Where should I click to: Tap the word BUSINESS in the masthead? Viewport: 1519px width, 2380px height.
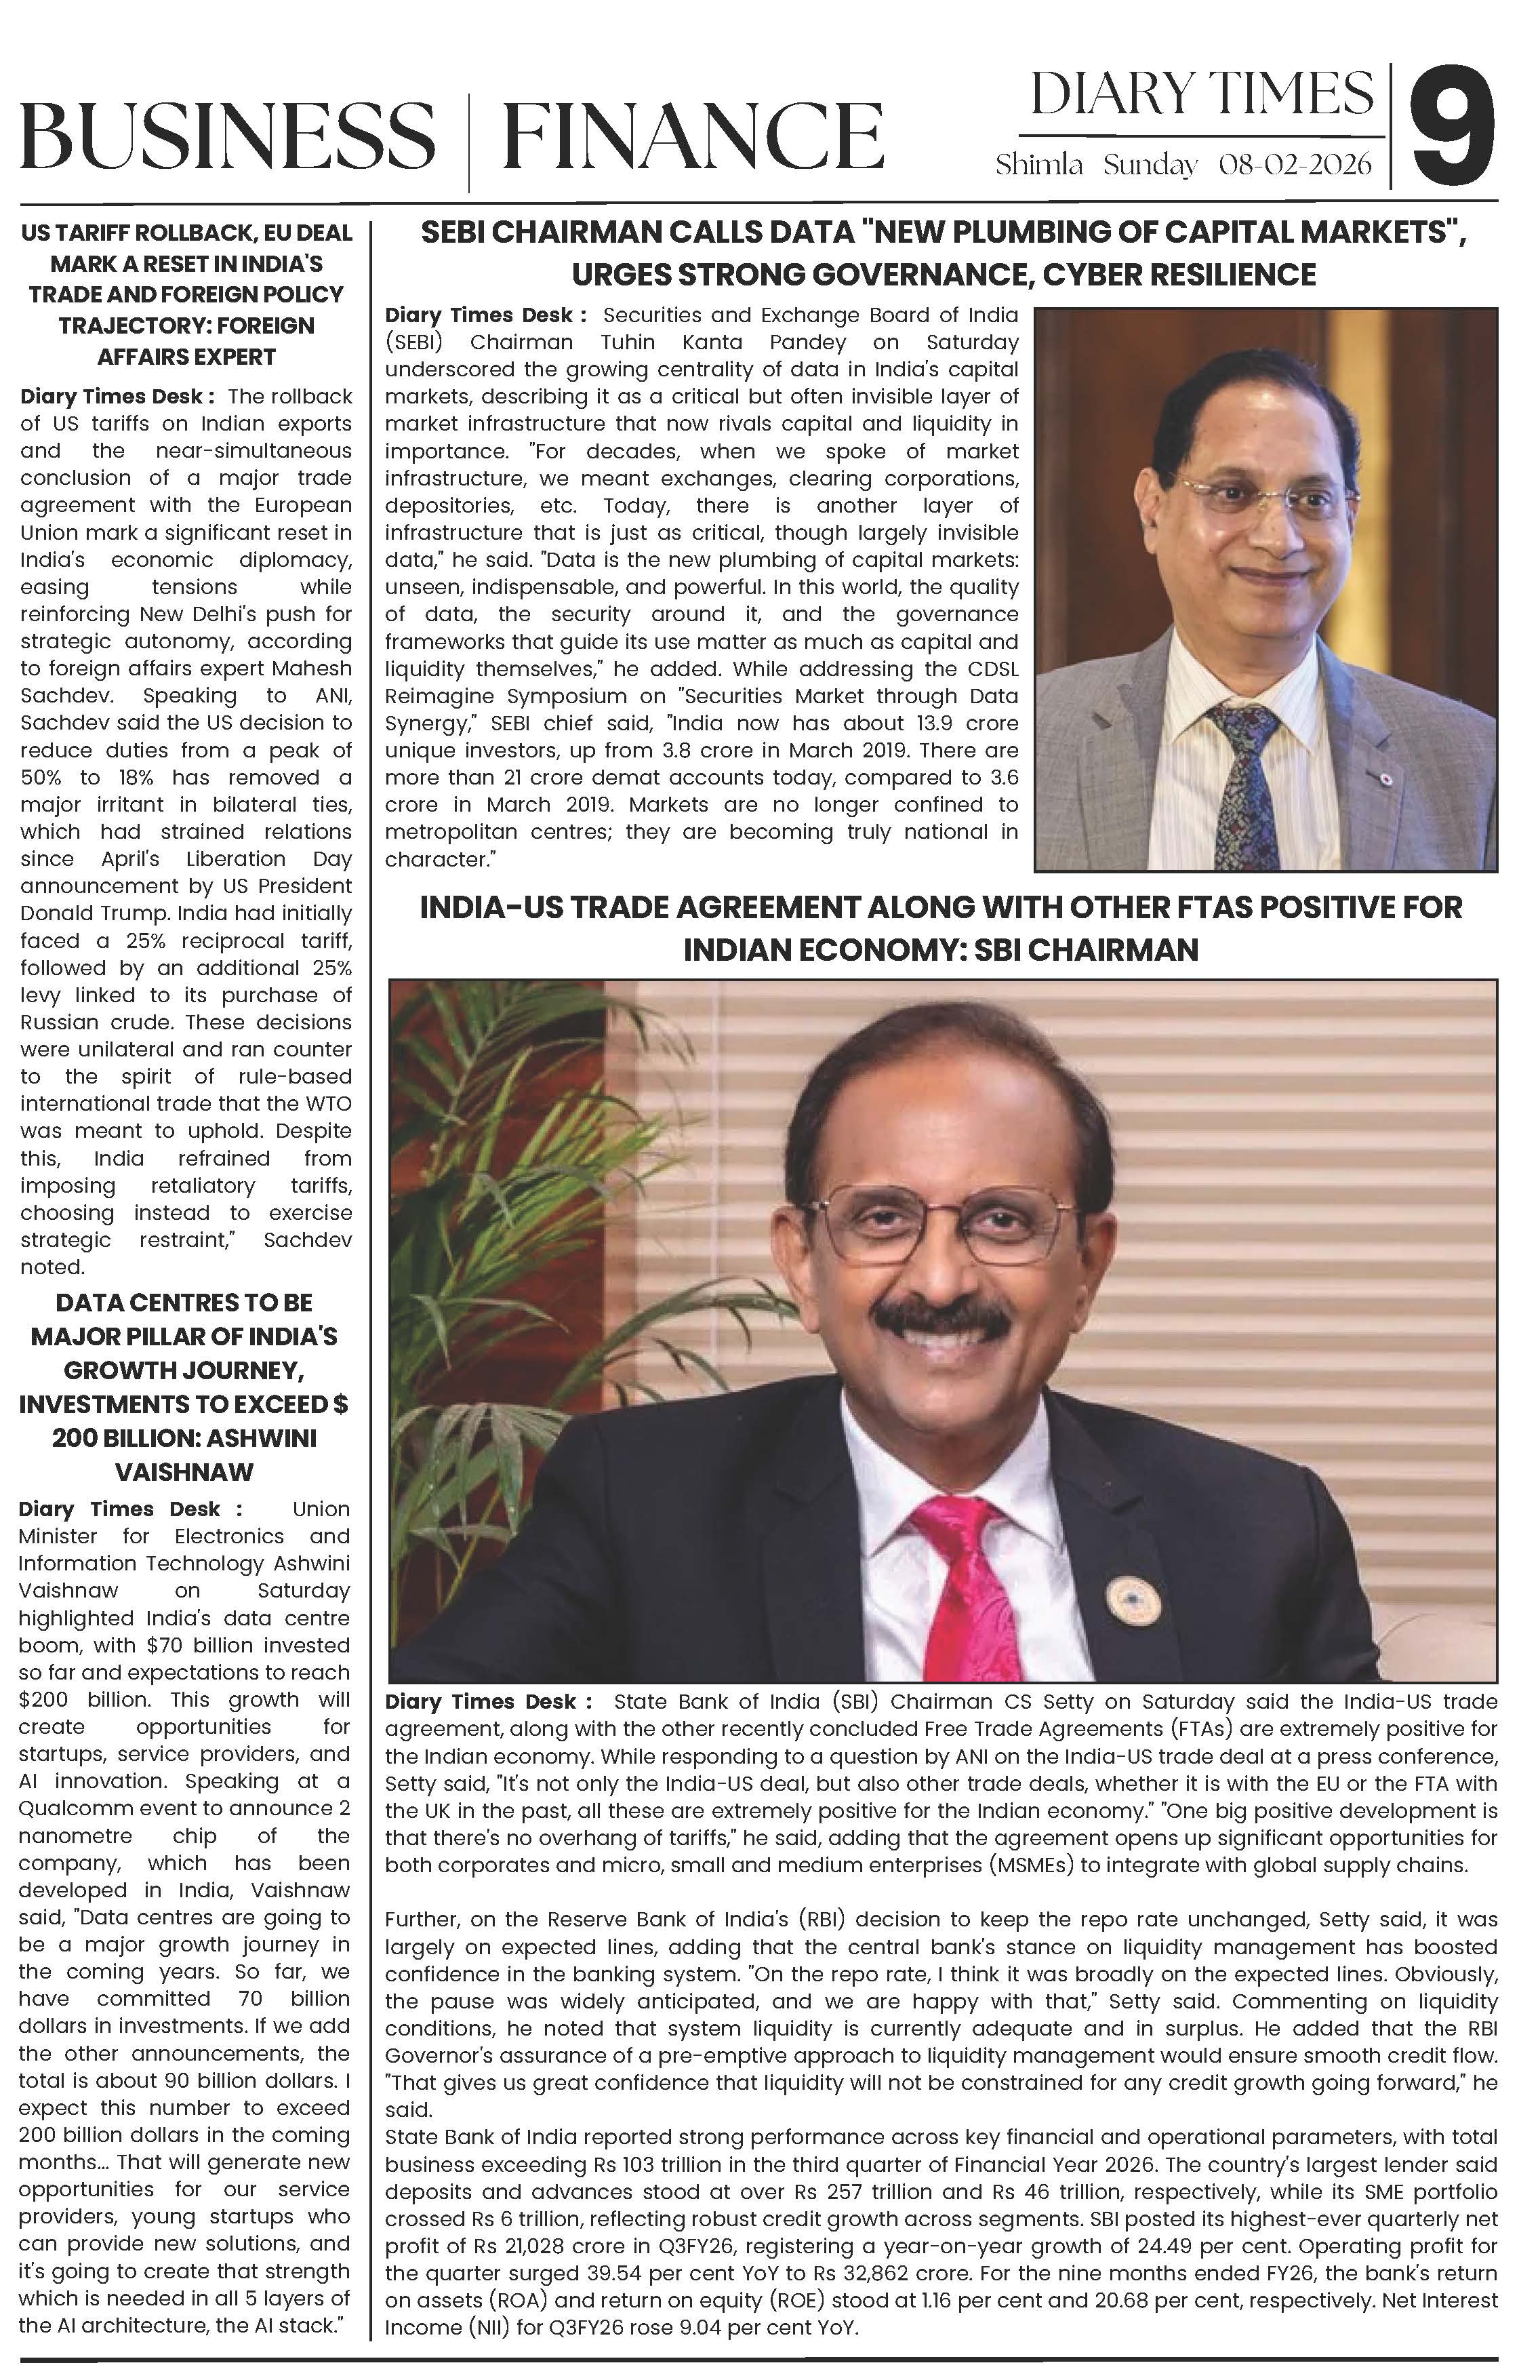tap(227, 136)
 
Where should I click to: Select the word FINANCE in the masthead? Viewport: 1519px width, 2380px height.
tap(692, 136)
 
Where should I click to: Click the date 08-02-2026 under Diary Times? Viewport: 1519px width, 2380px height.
tap(1295, 165)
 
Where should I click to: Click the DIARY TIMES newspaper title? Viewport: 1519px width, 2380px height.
tap(1202, 95)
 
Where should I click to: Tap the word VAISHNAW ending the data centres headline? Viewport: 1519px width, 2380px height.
tap(185, 1471)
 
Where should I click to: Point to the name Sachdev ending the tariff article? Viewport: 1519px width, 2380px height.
tap(307, 1239)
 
